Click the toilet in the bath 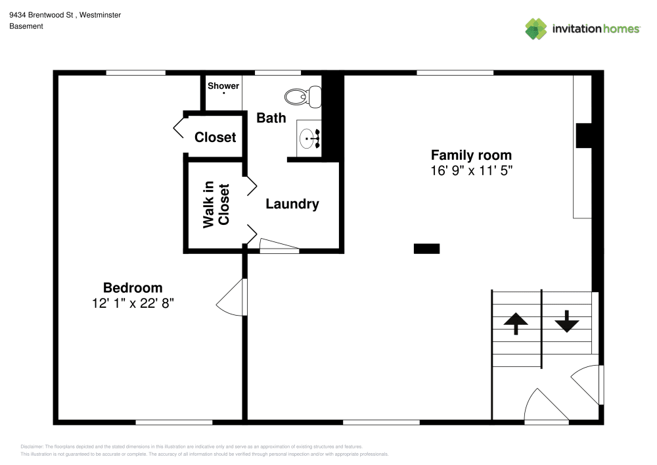click(302, 97)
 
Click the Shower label click(223, 86)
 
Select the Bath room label click(271, 118)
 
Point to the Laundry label click(292, 204)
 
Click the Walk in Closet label click(216, 205)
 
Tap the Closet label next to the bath click(215, 137)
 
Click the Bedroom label click(133, 287)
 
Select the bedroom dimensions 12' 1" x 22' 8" click(133, 303)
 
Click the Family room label click(471, 155)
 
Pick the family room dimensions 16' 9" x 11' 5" click(471, 171)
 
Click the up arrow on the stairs click(516, 323)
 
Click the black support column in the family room click(426, 249)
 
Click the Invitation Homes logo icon click(536, 28)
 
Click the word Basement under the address click(26, 26)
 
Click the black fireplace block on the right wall click(584, 136)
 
